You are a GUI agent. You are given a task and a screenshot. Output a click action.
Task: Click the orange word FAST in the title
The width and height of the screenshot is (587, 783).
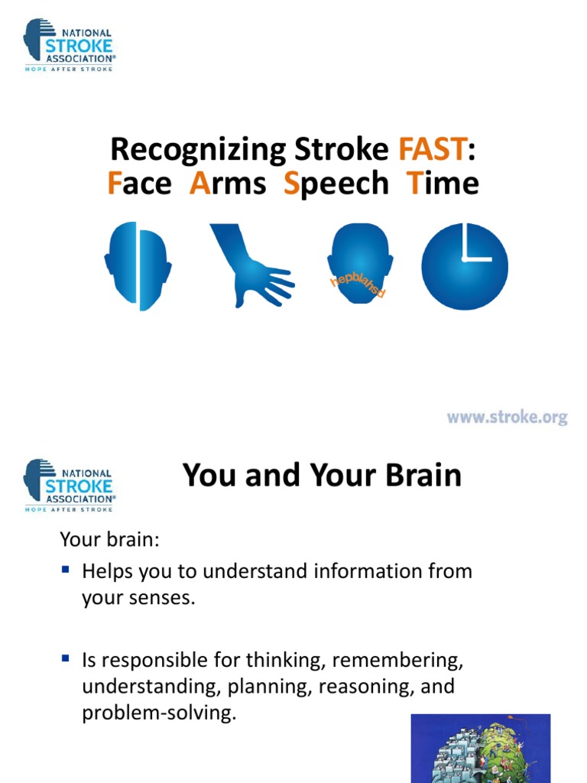click(433, 149)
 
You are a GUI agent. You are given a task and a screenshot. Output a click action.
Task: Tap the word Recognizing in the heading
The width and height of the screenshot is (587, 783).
click(198, 151)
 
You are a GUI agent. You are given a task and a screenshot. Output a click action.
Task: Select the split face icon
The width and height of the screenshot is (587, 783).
click(138, 266)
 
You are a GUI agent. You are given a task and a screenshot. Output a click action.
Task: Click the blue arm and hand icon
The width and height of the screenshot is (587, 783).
click(252, 265)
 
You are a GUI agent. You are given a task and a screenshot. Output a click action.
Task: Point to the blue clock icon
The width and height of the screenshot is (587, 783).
click(465, 266)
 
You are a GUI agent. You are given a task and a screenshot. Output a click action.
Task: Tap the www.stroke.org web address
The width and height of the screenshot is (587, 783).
click(508, 417)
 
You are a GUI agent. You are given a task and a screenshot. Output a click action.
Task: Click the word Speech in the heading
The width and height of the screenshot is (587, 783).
click(336, 184)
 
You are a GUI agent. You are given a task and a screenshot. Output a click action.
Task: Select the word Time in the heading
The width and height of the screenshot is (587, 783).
click(443, 183)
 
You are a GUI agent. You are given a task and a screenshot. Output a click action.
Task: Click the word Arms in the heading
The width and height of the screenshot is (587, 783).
click(228, 183)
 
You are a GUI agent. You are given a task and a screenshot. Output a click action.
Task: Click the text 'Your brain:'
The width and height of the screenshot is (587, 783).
click(109, 539)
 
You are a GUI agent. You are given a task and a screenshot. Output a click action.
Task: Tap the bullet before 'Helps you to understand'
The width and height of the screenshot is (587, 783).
click(66, 569)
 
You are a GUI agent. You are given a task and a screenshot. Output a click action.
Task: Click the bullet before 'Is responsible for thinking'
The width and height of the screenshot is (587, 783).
click(66, 658)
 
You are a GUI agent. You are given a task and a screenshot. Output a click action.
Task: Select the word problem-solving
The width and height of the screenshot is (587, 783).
click(159, 713)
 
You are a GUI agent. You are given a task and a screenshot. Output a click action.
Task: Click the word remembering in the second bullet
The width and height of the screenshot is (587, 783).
click(397, 661)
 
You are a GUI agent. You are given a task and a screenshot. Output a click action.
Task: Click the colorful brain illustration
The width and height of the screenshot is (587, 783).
click(481, 749)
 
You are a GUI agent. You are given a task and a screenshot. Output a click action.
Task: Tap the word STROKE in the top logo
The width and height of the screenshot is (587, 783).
click(79, 46)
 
